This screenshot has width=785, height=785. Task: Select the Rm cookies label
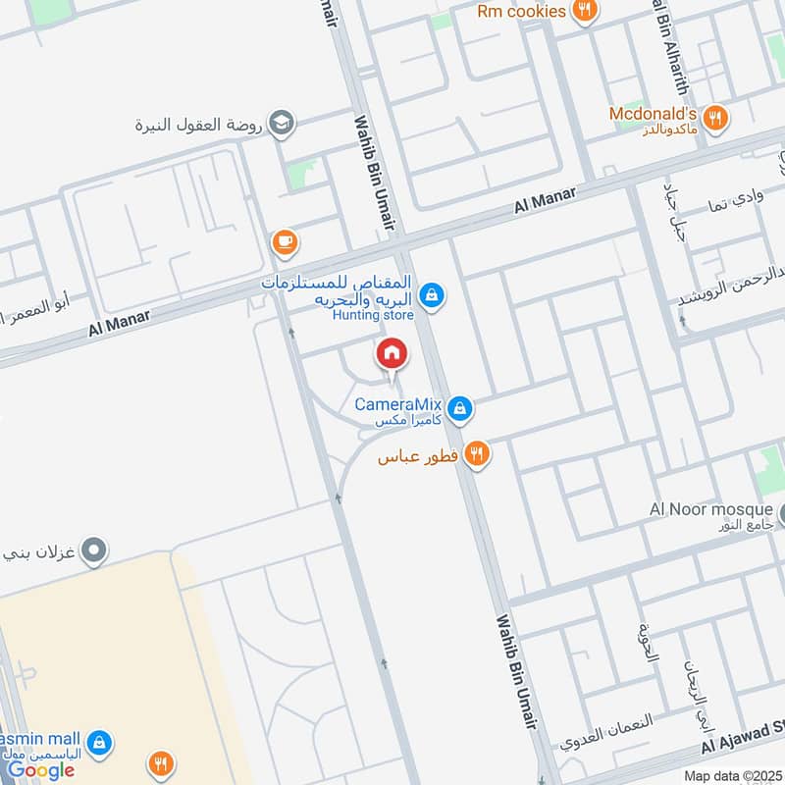(521, 11)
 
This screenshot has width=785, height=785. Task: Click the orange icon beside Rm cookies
(586, 11)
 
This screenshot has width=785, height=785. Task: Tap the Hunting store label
(373, 315)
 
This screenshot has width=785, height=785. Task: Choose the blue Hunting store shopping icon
(431, 294)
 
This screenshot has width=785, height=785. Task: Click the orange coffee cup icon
(285, 241)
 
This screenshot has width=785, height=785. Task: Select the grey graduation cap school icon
(283, 124)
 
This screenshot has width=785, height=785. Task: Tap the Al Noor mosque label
(711, 508)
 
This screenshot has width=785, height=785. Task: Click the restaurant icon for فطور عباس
(478, 454)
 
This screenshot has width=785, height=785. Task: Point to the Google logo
(41, 770)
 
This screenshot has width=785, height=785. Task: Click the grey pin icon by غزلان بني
(94, 551)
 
